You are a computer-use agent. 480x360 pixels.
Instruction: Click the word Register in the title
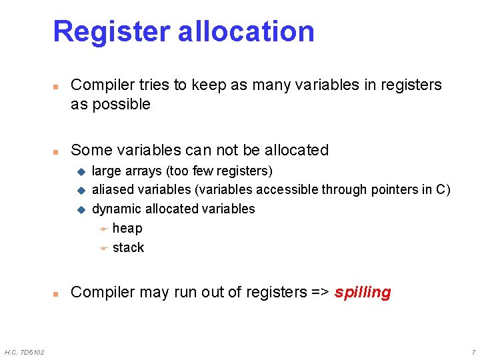tap(110, 31)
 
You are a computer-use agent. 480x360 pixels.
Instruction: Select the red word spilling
tap(363, 292)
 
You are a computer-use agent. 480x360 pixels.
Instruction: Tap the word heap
tap(127, 228)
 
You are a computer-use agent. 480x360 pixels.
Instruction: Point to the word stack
tap(128, 247)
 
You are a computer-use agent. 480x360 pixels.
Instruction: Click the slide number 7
tap(473, 352)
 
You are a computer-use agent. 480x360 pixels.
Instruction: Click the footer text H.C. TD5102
tap(25, 352)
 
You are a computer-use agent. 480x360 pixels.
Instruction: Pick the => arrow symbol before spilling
tap(320, 292)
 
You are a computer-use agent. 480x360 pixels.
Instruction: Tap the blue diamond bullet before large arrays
tap(81, 171)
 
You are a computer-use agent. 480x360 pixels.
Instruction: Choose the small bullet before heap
tap(103, 229)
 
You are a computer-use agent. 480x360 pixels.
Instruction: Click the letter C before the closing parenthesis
tap(441, 189)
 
